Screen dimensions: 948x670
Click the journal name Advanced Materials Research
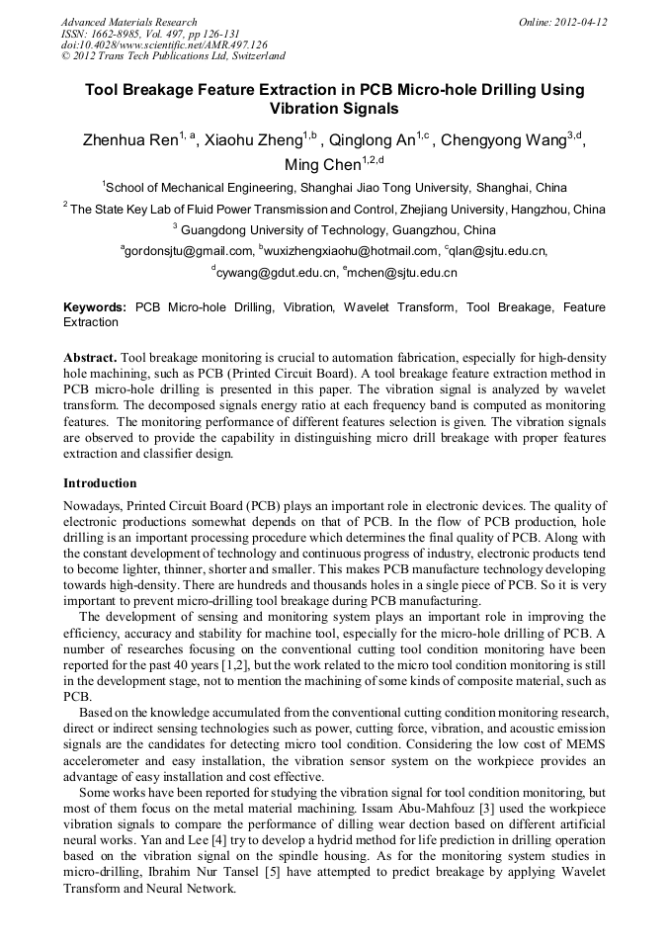[129, 22]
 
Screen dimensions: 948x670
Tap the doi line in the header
[164, 44]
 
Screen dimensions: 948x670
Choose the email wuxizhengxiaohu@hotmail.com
[349, 251]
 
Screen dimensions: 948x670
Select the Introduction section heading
[100, 483]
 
